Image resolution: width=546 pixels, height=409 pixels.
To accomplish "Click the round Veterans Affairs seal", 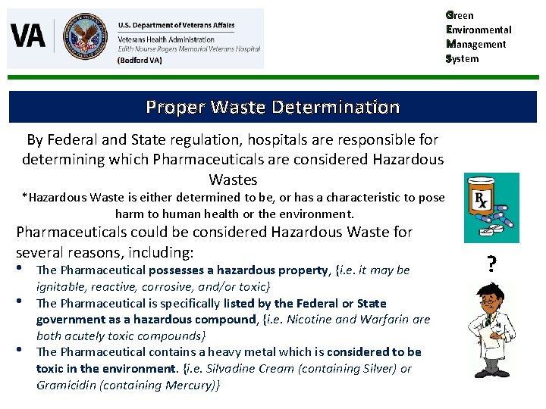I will tap(85, 36).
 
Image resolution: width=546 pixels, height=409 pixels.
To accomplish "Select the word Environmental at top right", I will tap(479, 30).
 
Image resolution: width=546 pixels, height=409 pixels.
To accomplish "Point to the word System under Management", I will tap(463, 58).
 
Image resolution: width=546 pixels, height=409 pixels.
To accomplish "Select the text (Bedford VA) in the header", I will tap(140, 61).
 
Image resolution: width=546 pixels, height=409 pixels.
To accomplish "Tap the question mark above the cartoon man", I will tap(492, 264).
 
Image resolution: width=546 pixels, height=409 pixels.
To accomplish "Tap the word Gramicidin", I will tap(63, 386).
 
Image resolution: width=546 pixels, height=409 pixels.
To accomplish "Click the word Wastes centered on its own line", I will tap(234, 180).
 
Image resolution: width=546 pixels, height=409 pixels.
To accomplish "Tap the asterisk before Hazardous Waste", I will tap(24, 197).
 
